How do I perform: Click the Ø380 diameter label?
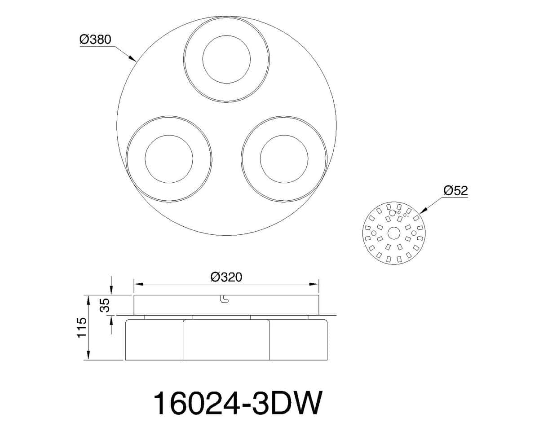point(95,40)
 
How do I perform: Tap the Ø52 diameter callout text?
point(455,190)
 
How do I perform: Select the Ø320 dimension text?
point(226,277)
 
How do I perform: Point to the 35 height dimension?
point(106,305)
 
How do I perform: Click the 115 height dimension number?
point(82,328)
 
